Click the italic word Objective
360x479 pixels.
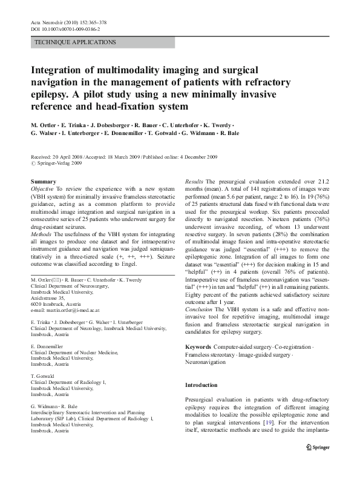43,189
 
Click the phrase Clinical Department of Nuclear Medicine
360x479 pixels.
74,353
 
